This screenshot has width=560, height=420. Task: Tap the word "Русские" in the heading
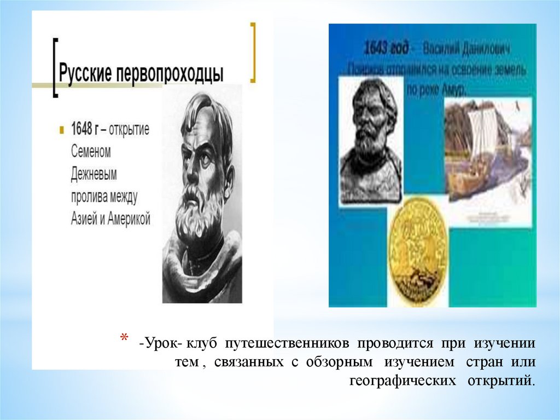[85, 73]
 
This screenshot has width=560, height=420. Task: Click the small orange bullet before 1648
[62, 131]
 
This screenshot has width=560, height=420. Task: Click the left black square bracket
[55, 68]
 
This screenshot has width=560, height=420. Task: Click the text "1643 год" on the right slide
[387, 49]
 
